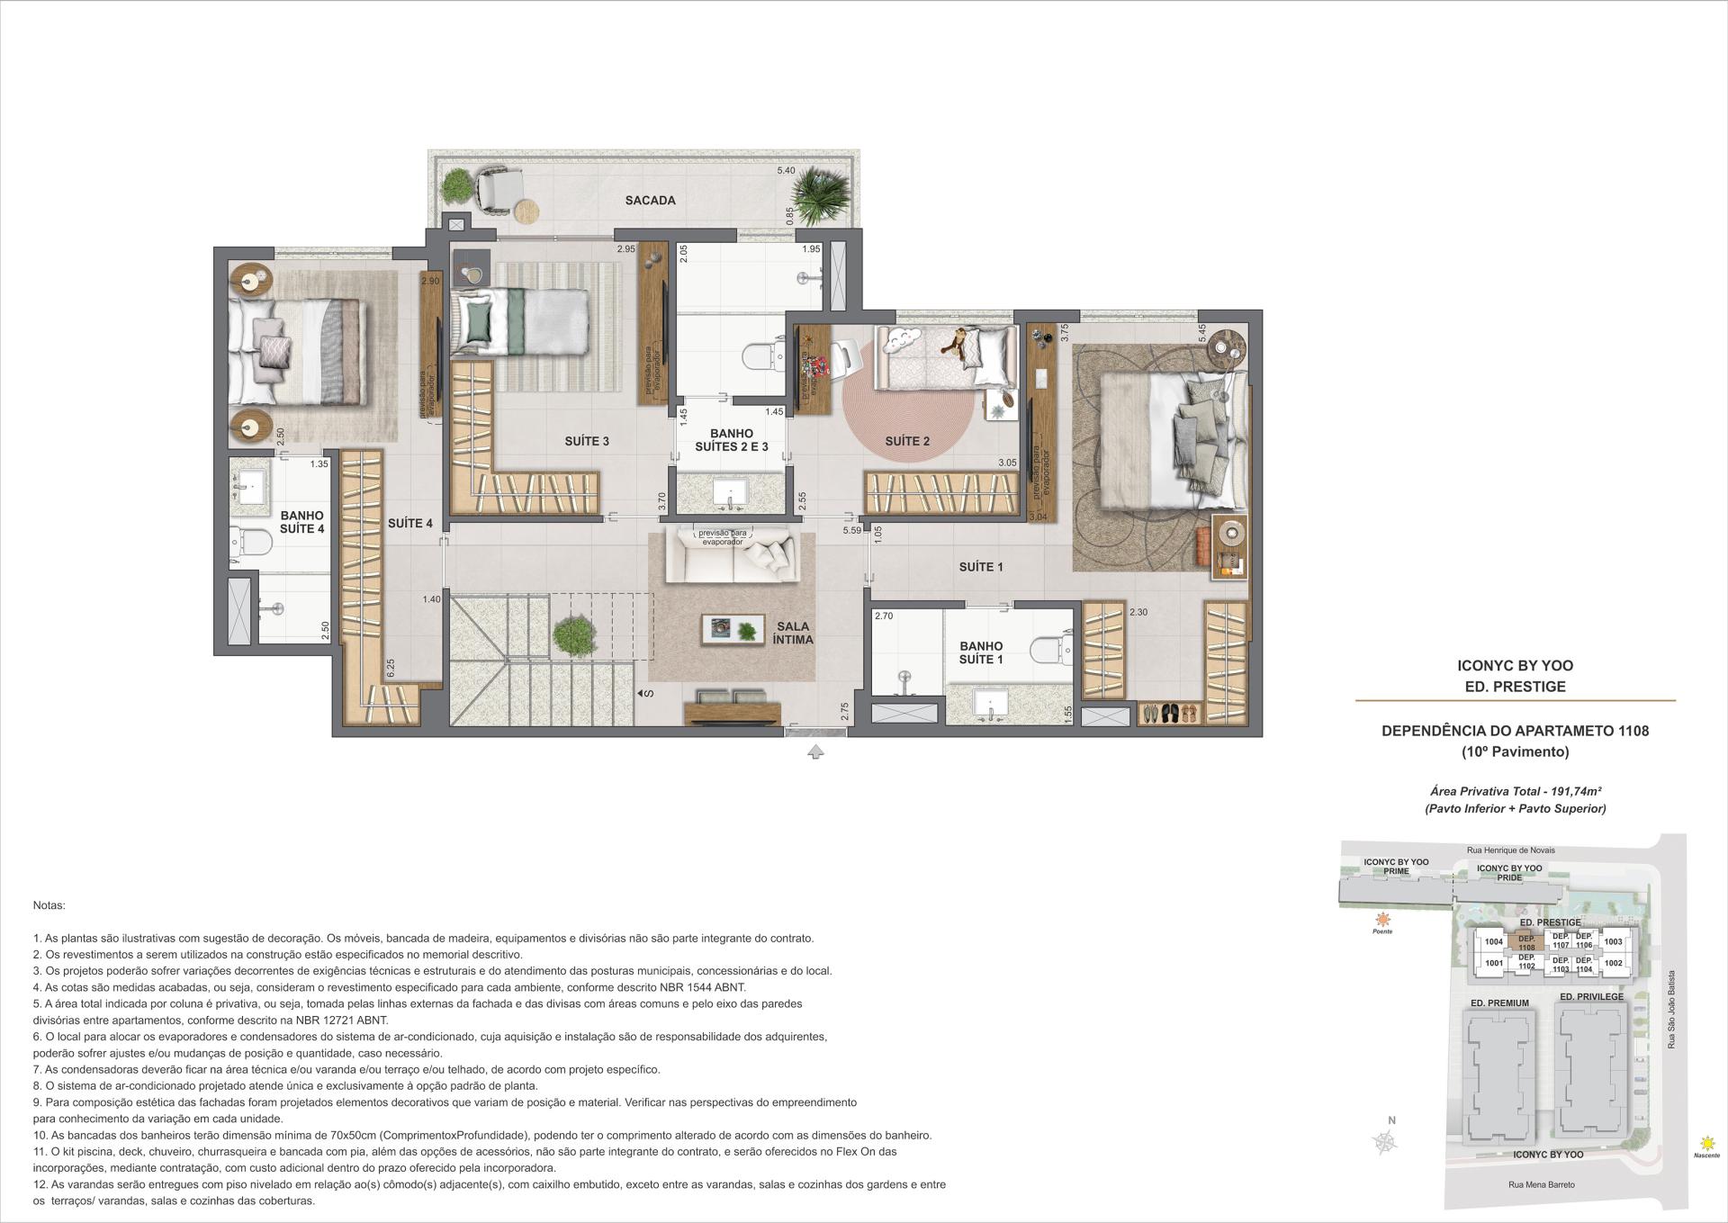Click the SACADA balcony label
click(650, 201)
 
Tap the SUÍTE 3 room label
click(587, 441)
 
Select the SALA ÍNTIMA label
click(792, 633)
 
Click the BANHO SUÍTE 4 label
click(301, 522)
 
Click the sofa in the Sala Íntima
click(731, 556)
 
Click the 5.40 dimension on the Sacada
click(786, 170)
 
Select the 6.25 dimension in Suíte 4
click(391, 667)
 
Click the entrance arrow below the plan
click(815, 751)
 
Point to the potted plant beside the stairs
click(572, 636)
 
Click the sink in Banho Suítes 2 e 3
click(730, 492)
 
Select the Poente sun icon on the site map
click(1382, 920)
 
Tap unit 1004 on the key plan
click(1494, 942)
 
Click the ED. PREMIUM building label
click(1499, 1003)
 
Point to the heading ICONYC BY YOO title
click(1515, 666)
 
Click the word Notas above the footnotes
click(49, 905)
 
